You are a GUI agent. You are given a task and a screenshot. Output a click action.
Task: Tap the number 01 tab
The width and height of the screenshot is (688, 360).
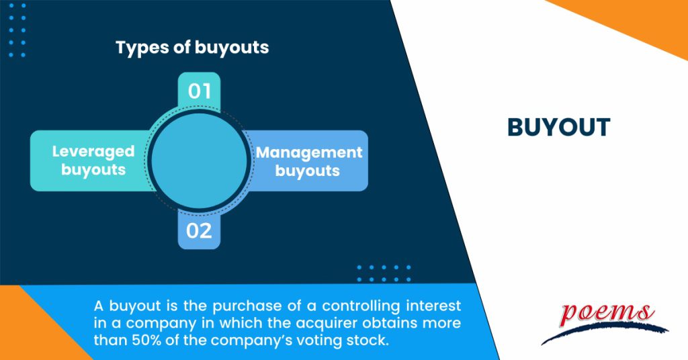click(199, 91)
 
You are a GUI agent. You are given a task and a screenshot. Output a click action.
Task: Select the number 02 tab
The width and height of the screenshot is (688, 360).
click(199, 232)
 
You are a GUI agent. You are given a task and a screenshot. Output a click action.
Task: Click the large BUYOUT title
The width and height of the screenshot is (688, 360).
click(558, 128)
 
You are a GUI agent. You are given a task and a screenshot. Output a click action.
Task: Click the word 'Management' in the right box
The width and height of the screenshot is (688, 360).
click(309, 152)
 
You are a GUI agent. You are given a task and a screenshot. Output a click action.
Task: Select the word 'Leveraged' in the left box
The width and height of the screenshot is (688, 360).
click(93, 152)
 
